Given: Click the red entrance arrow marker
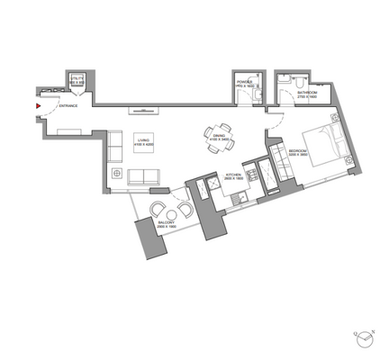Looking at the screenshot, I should tap(37, 106).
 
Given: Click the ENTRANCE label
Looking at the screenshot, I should tap(68, 106).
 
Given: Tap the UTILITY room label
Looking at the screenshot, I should tap(77, 82).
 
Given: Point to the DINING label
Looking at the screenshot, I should tap(220, 137).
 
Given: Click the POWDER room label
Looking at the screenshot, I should tap(245, 84).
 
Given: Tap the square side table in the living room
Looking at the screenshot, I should tap(116, 171).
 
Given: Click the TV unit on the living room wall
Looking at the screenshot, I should tap(143, 112).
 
